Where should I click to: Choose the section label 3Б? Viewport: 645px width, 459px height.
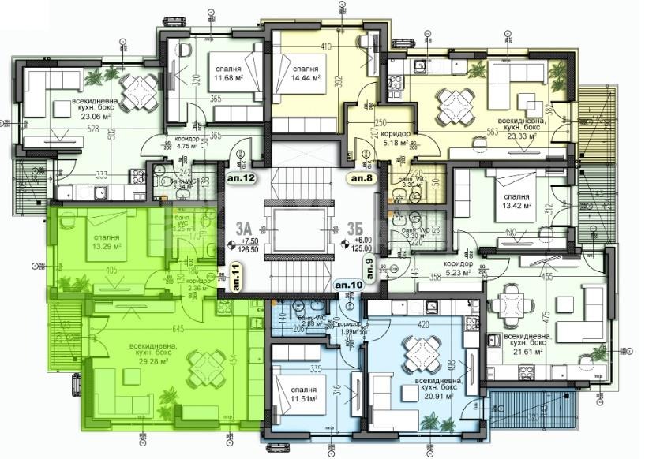pyautogui.click(x=354, y=229)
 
